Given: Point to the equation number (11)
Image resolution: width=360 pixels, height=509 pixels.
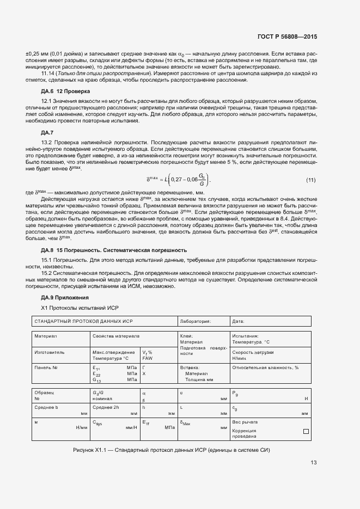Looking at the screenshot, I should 310,180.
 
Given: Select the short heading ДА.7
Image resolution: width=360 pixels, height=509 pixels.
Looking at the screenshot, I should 47,133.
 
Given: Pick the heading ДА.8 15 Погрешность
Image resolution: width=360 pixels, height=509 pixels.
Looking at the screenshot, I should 114,250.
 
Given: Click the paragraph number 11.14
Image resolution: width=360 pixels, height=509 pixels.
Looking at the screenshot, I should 48,73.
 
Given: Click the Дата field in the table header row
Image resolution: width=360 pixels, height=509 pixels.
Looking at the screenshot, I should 238,322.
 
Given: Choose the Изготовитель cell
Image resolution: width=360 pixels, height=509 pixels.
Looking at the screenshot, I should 50,352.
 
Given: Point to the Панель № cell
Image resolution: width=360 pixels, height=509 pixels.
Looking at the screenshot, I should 46,368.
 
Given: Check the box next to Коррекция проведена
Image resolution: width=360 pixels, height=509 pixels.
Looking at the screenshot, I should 306,432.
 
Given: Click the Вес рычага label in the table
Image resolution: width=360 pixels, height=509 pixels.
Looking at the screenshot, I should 245,422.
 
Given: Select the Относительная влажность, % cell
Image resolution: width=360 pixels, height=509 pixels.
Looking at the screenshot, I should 265,368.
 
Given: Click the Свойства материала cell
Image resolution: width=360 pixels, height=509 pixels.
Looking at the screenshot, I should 116,336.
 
